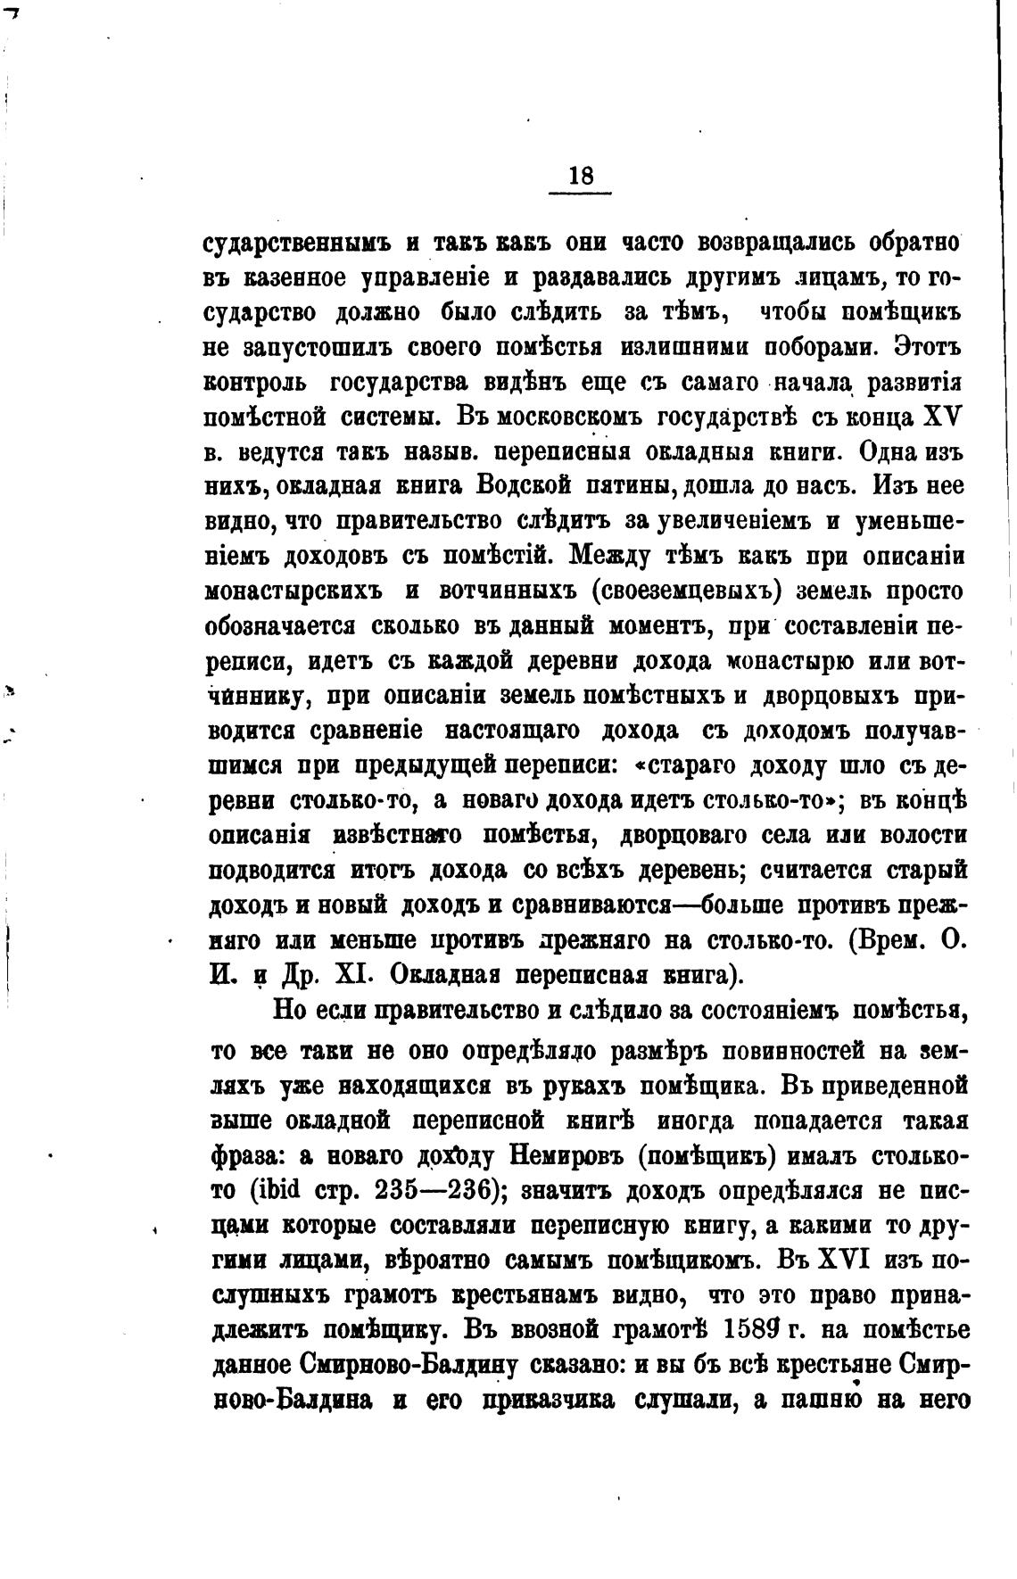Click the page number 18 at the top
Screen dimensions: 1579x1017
click(580, 176)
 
